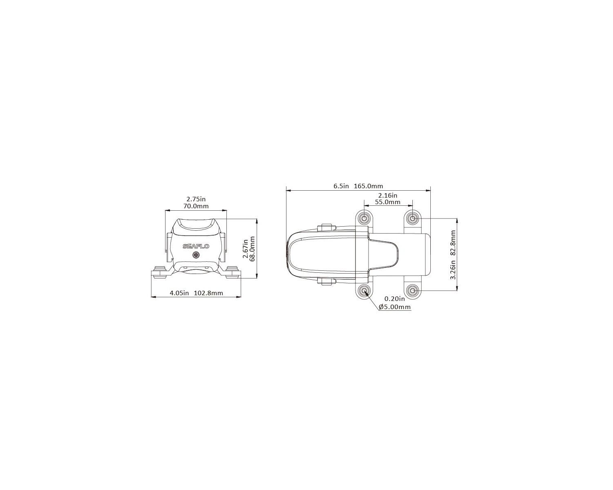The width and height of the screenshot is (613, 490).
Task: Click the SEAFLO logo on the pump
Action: [x=196, y=246]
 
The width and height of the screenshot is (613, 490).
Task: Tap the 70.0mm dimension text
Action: [x=196, y=206]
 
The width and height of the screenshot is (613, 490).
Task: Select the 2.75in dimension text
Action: [x=196, y=199]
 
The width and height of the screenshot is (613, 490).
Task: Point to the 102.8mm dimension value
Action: [x=208, y=293]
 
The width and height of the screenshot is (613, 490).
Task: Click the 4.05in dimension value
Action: [x=179, y=293]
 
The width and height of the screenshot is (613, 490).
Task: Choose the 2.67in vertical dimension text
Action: [x=245, y=248]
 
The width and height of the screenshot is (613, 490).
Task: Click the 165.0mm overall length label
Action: [x=368, y=186]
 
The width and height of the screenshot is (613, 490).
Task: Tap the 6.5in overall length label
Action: [x=341, y=186]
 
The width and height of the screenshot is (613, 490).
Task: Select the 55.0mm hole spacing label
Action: [x=387, y=202]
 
